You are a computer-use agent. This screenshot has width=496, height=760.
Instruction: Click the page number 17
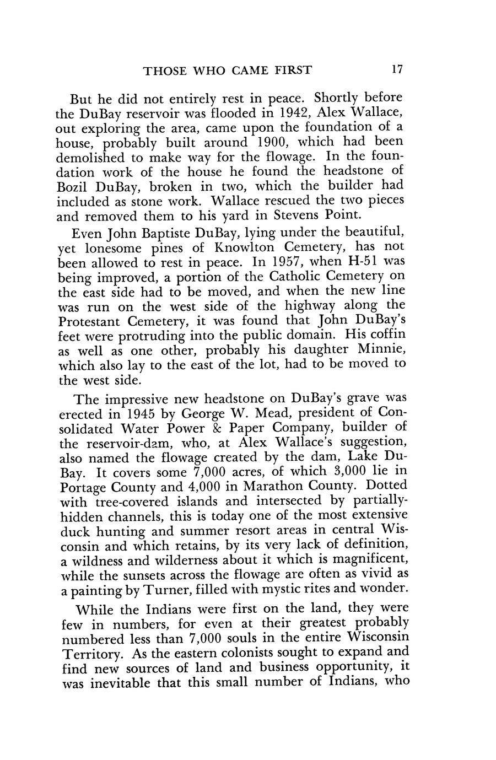point(397,70)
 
